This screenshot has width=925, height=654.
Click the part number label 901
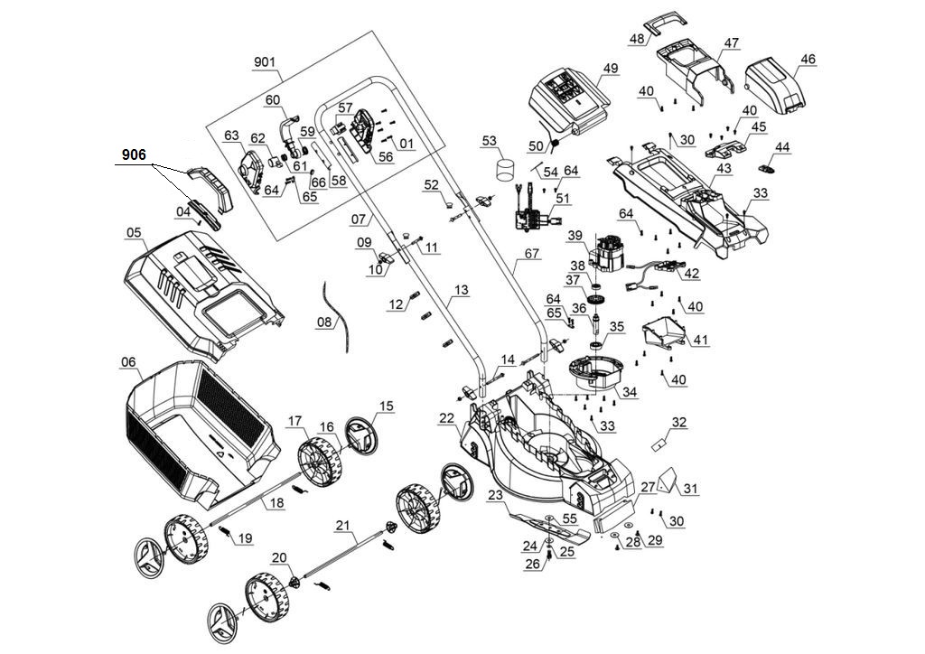click(264, 62)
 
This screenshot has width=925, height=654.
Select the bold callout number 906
click(134, 155)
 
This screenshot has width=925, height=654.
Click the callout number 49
click(611, 69)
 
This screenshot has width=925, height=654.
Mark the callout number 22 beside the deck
click(447, 417)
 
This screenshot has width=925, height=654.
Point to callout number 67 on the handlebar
click(530, 255)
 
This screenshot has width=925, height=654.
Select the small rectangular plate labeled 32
click(659, 444)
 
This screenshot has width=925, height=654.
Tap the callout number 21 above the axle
click(341, 524)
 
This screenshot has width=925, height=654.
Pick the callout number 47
click(731, 42)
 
